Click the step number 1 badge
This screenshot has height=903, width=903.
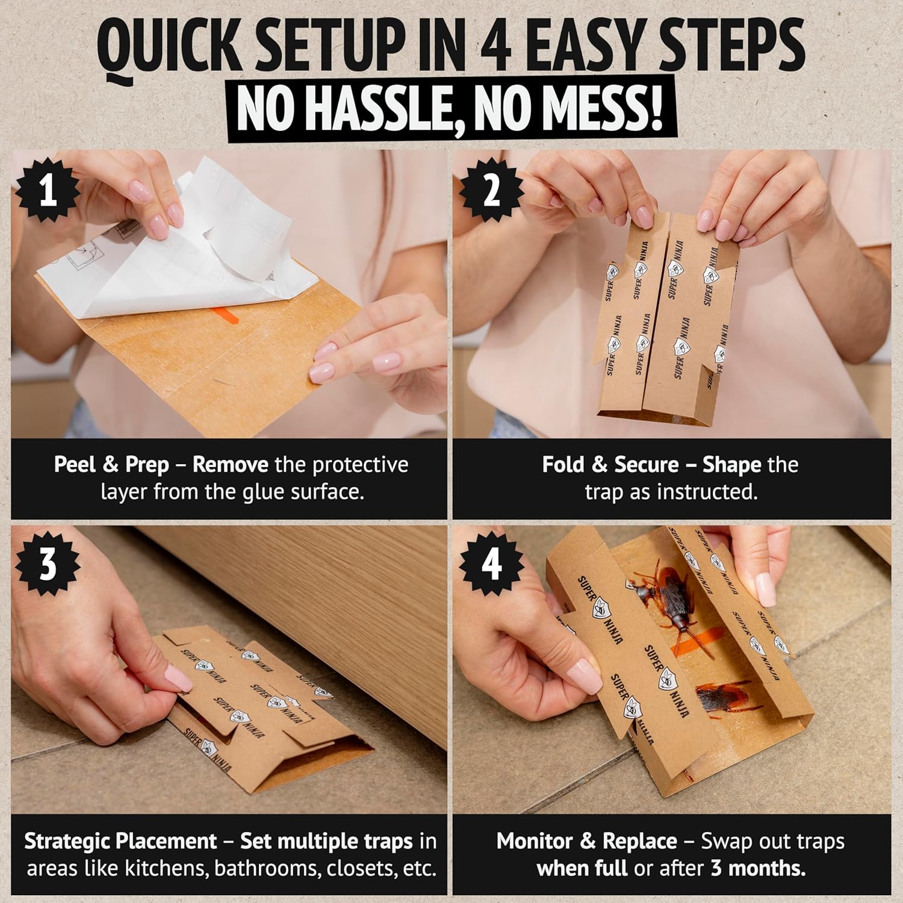pos(48,191)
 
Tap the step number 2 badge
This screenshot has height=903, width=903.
pos(492,191)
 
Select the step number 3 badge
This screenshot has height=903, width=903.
pos(48,565)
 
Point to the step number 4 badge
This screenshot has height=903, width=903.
pos(492,565)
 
